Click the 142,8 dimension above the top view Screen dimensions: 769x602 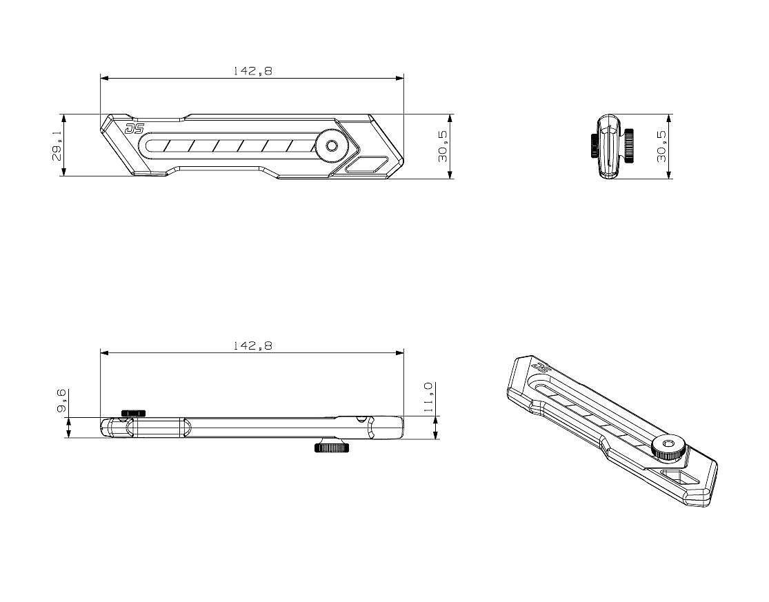[x=252, y=70]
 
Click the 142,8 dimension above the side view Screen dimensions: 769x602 [x=252, y=345]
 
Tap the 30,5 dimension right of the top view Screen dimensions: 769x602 [x=443, y=146]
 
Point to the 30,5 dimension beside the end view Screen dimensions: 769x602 [x=662, y=146]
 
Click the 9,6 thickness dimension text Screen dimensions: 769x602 [x=62, y=401]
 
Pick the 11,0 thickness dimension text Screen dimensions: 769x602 [x=428, y=397]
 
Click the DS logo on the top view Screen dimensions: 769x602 [x=134, y=128]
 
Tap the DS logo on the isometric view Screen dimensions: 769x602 [x=541, y=367]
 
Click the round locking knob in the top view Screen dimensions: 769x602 [x=332, y=146]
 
